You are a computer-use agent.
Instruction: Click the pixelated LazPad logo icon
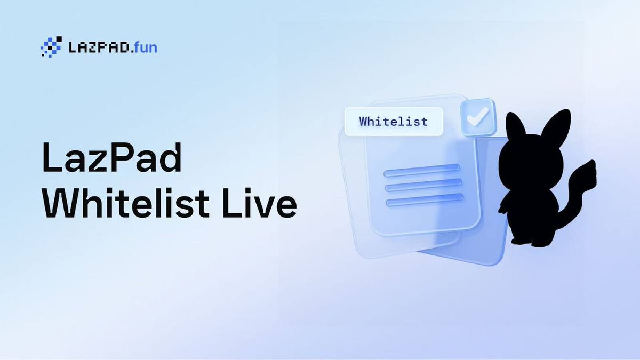[x=51, y=47]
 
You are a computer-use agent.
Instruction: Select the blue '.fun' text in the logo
[x=143, y=48]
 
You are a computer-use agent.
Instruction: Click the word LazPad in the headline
[x=111, y=159]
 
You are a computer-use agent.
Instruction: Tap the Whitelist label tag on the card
[x=393, y=122]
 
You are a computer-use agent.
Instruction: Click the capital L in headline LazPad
[x=52, y=159]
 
